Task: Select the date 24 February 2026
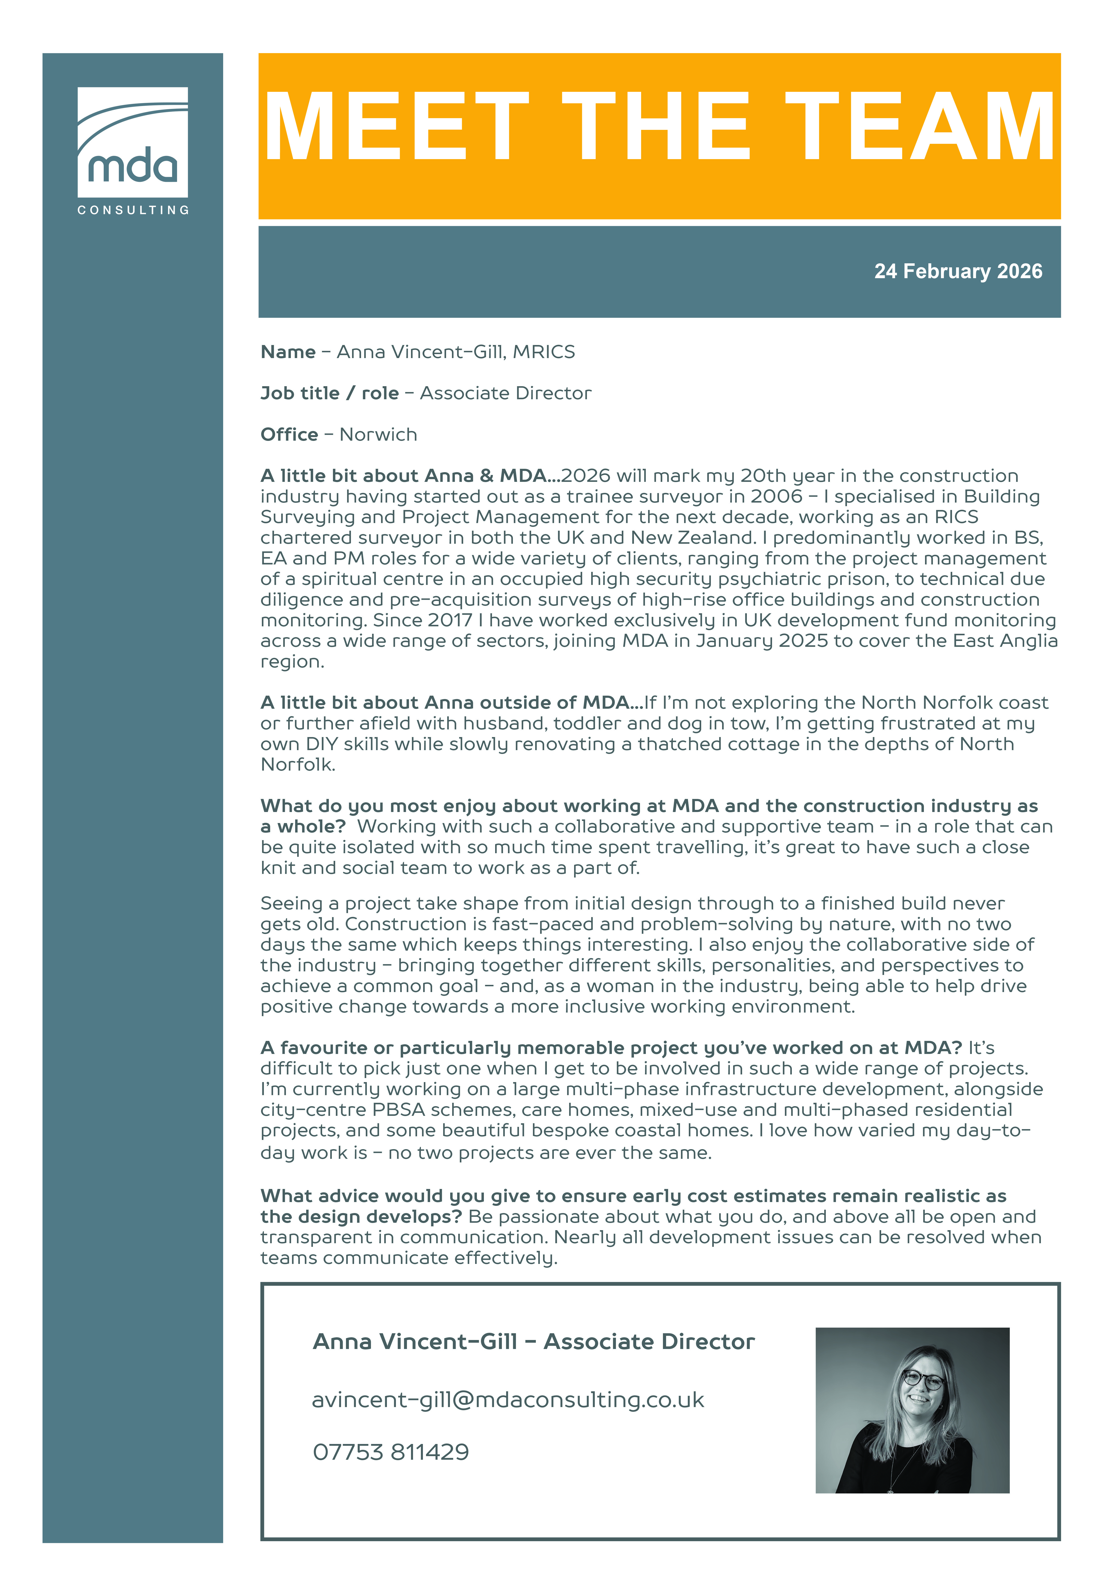(958, 272)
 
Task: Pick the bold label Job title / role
(329, 393)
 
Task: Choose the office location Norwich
(378, 435)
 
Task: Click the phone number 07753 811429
(391, 1453)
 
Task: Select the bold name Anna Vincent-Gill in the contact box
(415, 1342)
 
